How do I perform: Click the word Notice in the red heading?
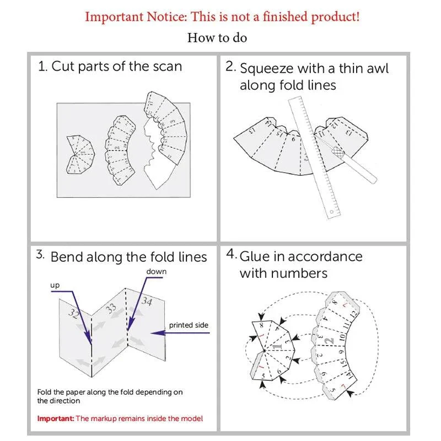[x=166, y=17]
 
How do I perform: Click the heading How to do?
[x=217, y=37]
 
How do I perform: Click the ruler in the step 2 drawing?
[x=314, y=158]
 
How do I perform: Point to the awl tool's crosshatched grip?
[x=338, y=153]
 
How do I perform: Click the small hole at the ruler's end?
[x=332, y=212]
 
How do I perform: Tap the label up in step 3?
[x=55, y=286]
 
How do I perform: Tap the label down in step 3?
[x=157, y=271]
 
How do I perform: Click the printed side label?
[x=189, y=325]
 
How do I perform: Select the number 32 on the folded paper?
[x=74, y=313]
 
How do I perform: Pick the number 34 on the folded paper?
[x=147, y=301]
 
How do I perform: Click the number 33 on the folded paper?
[x=111, y=309]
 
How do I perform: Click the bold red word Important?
[x=56, y=418]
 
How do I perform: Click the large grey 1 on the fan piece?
[x=277, y=345]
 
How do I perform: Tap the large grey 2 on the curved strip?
[x=329, y=341]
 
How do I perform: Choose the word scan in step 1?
[x=168, y=67]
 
